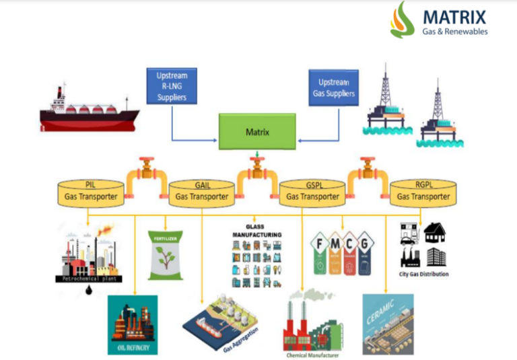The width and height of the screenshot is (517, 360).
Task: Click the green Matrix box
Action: pyautogui.click(x=257, y=132)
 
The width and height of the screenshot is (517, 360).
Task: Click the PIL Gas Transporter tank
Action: pyautogui.click(x=90, y=192)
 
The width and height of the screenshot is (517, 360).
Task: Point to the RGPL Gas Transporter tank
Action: pyautogui.click(x=423, y=192)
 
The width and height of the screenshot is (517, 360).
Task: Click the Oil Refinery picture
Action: pyautogui.click(x=133, y=324)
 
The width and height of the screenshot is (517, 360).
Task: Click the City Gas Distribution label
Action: pyautogui.click(x=423, y=275)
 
